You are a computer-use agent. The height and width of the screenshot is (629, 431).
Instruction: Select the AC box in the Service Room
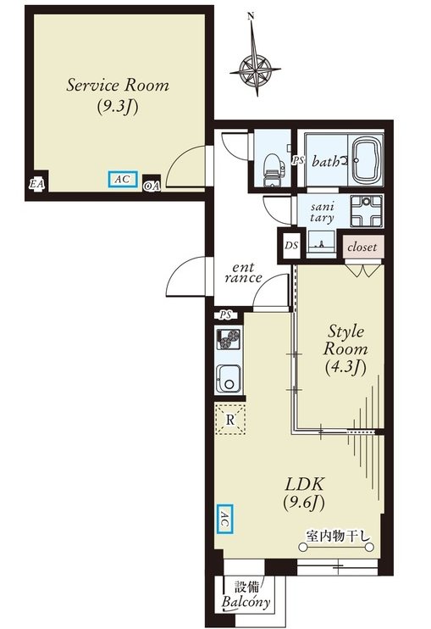pos(123,180)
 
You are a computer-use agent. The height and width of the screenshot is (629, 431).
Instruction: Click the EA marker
pos(37,184)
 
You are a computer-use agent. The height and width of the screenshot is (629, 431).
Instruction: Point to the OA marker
pos(152,186)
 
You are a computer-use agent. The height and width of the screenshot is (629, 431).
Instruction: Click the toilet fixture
pos(273,170)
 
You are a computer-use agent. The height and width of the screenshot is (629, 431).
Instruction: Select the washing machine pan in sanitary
pos(367,211)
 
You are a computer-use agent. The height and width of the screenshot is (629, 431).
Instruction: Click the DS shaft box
pos(291,245)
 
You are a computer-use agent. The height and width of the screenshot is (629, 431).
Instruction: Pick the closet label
pos(362,248)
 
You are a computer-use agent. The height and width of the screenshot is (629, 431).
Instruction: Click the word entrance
pos(243,273)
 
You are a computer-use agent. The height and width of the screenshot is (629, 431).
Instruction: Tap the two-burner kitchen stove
pos(229,338)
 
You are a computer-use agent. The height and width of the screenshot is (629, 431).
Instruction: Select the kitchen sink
pos(229,379)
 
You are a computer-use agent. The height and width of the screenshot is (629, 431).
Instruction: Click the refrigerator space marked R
pos(230,420)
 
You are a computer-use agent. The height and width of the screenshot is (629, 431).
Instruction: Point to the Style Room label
pos(345,348)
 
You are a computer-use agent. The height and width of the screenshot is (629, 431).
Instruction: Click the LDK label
pos(305,493)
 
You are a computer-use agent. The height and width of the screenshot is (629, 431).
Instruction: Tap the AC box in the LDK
pos(224,519)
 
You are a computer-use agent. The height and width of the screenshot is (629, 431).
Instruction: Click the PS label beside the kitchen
pos(226,315)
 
